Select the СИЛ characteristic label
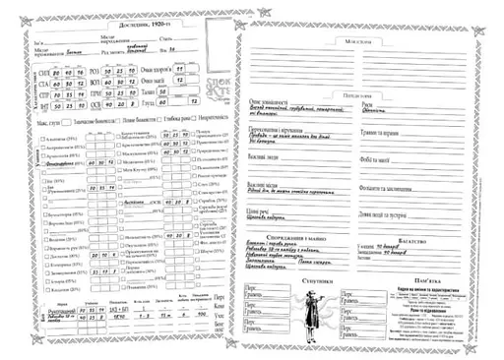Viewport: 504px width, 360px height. tap(39, 72)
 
